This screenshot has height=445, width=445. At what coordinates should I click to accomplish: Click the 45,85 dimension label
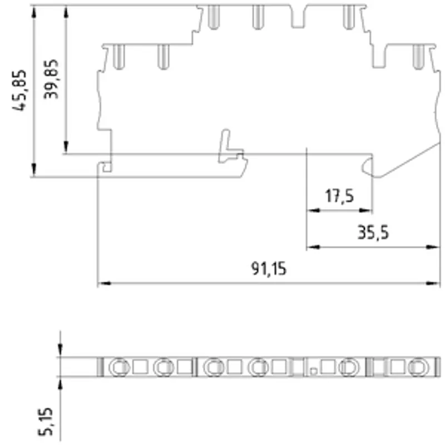[x=19, y=90]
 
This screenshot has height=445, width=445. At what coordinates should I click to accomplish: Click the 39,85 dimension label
[x=51, y=79]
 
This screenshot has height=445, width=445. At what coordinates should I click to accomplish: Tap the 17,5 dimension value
[x=339, y=196]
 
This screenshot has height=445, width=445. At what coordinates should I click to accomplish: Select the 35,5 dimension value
[x=373, y=233]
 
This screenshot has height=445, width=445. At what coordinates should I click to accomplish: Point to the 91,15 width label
[x=269, y=269]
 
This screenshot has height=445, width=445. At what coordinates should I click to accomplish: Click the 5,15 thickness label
[x=46, y=422]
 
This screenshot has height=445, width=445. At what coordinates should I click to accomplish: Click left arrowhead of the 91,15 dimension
[x=104, y=283]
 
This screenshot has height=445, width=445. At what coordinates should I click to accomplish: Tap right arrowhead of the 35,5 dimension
[x=433, y=247]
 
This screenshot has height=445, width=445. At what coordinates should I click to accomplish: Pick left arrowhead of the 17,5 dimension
[x=314, y=211]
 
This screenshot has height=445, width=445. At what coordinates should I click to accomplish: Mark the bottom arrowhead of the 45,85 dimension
[x=34, y=170]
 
